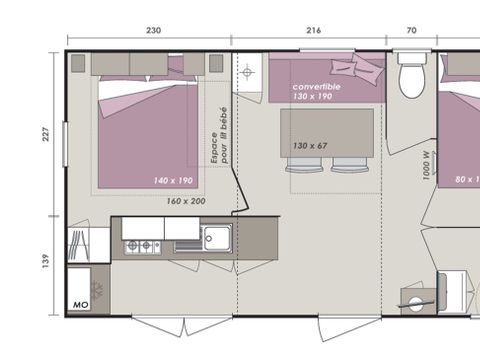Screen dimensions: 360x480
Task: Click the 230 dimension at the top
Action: tap(152, 30)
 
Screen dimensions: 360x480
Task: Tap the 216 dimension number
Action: tap(313, 30)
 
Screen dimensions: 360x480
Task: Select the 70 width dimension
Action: tap(411, 30)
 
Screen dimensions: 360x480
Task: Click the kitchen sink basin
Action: tap(215, 238)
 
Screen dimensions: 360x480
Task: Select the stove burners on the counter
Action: tap(141, 245)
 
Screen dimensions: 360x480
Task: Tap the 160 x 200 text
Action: tap(187, 201)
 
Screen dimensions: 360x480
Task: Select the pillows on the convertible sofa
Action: tap(356, 68)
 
